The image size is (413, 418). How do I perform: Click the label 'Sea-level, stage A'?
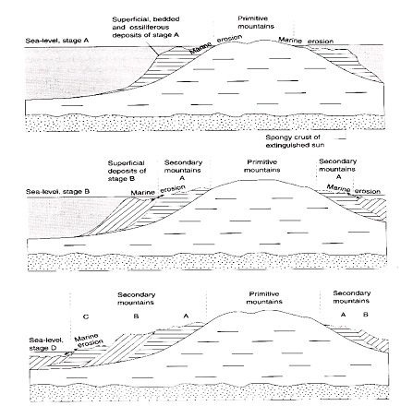(x=57, y=41)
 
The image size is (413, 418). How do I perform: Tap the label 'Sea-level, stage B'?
(x=57, y=192)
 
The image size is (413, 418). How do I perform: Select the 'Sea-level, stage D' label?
(x=46, y=344)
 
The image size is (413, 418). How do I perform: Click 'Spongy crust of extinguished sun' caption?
(x=295, y=141)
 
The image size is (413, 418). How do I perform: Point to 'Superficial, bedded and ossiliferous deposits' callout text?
(x=145, y=27)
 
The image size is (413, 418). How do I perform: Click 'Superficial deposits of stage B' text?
(x=127, y=171)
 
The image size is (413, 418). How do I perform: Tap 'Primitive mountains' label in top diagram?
(x=256, y=22)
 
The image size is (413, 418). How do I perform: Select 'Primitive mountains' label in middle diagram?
(x=261, y=166)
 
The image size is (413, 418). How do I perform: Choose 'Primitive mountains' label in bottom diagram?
(x=264, y=298)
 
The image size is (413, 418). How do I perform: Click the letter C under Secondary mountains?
(x=86, y=316)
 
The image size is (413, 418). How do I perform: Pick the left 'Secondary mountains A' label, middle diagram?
(x=183, y=170)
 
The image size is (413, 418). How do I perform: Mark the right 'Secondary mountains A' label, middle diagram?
(x=337, y=169)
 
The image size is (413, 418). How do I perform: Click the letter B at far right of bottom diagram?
(x=366, y=315)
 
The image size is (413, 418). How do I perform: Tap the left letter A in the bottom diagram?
(x=186, y=316)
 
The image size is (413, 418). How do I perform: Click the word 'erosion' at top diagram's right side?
(x=321, y=41)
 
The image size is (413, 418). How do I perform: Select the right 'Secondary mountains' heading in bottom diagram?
(x=351, y=297)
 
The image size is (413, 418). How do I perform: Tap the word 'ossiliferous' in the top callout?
(x=150, y=27)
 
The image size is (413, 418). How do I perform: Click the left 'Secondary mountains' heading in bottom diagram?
(x=136, y=298)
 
